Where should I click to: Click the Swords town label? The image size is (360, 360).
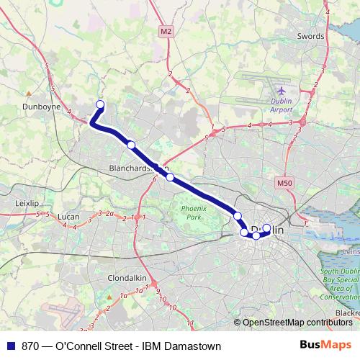310,35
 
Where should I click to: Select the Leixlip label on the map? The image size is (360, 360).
27,204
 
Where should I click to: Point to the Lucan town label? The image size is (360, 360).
69,216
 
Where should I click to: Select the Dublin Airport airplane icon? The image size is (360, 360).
281,91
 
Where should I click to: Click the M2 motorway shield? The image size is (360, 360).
167,31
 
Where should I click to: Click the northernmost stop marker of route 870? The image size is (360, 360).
100,105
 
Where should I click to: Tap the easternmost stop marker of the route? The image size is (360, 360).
267,229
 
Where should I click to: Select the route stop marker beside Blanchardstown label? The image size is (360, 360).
170,176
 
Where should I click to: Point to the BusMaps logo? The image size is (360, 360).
330,346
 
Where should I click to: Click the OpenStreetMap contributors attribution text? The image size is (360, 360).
300,322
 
